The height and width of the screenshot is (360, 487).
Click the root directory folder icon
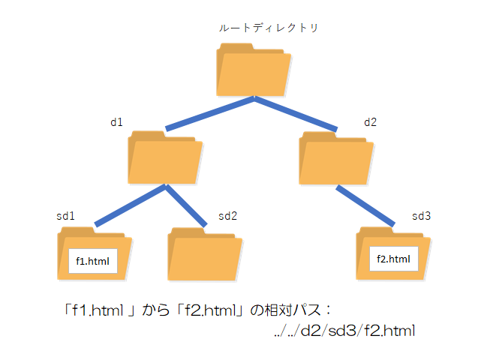[x=254, y=68]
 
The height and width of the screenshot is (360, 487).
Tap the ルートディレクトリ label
[x=268, y=28]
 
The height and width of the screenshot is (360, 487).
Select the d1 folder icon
[x=164, y=157]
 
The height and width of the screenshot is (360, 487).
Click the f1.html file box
[x=93, y=260]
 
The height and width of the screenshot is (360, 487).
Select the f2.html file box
[x=393, y=259]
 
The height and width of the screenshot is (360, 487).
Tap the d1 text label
[x=116, y=121]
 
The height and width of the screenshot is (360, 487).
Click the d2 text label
[x=371, y=121]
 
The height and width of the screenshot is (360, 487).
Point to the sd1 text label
[x=65, y=216]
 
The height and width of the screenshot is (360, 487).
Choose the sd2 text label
[x=227, y=216]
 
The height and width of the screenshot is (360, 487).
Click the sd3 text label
[x=422, y=216]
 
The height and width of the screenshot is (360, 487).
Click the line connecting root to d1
[x=210, y=113]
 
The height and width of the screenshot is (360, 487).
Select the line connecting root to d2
[x=296, y=113]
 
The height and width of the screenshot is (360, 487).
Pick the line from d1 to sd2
[x=185, y=205]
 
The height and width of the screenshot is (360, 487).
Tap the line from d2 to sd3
[x=365, y=205]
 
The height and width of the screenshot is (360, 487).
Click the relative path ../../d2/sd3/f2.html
[x=346, y=331]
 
